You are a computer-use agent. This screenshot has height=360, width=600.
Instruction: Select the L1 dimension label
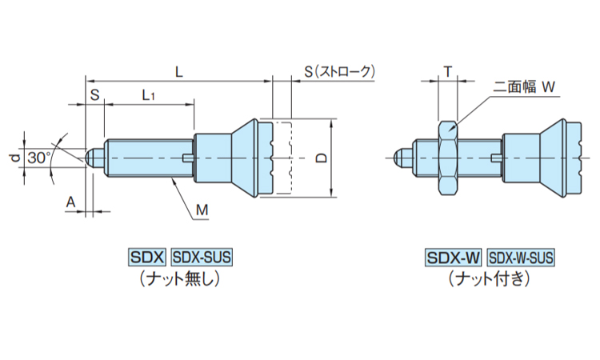pos(148,94)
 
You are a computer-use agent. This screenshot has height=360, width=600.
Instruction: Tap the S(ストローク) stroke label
pos(338,71)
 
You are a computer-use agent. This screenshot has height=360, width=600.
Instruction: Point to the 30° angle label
pos(38,158)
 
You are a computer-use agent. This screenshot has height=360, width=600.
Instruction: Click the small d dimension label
pos(14,158)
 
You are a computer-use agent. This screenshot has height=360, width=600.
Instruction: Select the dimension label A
pos(70,203)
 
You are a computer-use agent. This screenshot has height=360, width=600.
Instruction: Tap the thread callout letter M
pos(202,210)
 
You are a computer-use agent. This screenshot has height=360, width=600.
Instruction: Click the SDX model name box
pos(146,258)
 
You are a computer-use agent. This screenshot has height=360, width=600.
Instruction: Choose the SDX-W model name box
pos(452,258)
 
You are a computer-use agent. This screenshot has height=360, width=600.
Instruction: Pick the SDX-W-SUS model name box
pos(520,258)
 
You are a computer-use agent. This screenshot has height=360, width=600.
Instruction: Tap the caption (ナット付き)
pos(488,278)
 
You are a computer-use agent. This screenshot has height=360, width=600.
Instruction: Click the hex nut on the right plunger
pos(447,158)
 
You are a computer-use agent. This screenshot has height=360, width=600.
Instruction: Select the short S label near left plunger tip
pos(94,94)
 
